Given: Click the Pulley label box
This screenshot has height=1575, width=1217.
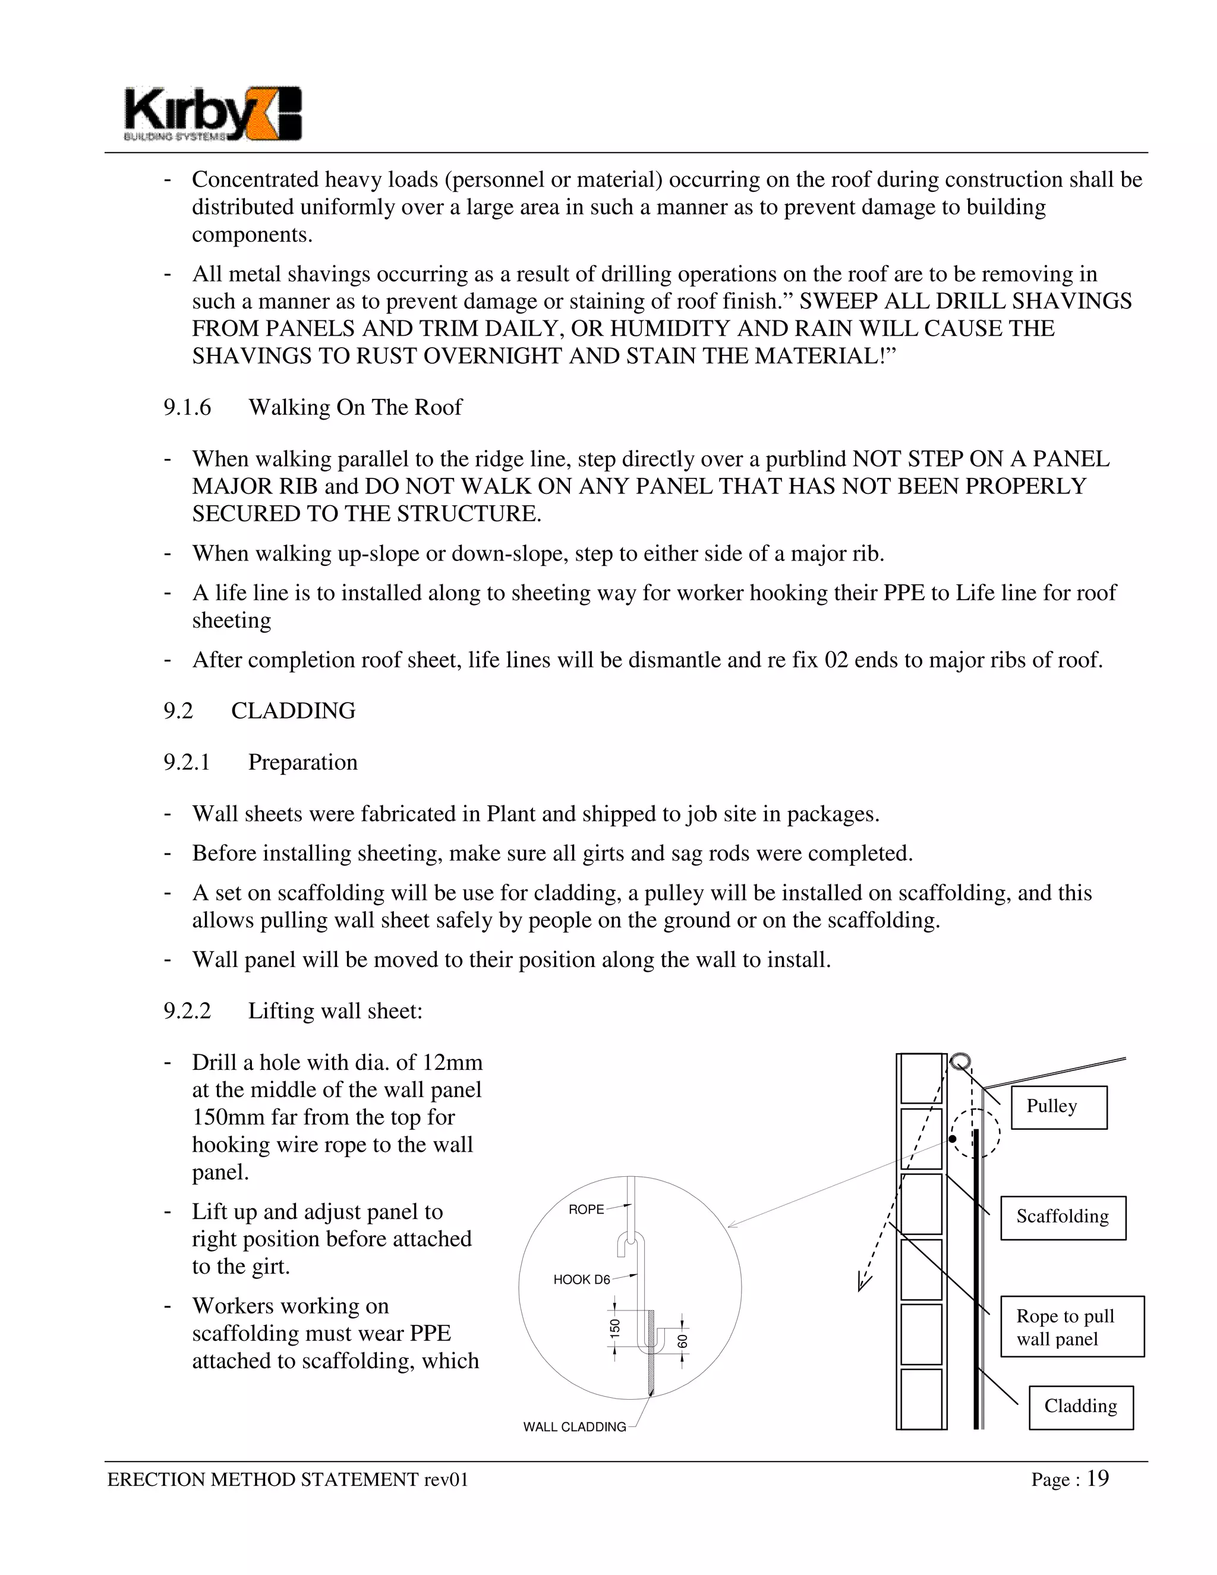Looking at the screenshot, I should click(1058, 1107).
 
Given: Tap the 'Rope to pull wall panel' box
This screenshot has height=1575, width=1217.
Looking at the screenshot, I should click(1071, 1327).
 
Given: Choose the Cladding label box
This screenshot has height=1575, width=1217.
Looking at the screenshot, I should click(1080, 1407).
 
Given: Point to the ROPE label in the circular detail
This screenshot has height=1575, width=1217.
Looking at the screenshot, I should click(585, 1209).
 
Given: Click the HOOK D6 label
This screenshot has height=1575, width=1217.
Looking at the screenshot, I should click(581, 1280).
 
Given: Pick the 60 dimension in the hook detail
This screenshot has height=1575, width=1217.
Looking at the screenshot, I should click(682, 1341).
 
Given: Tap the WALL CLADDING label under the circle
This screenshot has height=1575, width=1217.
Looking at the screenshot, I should click(574, 1426).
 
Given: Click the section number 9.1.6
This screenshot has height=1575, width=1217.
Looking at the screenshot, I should click(187, 408).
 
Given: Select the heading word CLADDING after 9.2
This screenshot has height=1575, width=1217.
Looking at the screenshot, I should click(293, 711).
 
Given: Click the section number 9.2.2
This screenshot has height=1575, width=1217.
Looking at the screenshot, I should click(187, 1011).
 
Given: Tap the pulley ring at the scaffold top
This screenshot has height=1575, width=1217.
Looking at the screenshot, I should click(960, 1061).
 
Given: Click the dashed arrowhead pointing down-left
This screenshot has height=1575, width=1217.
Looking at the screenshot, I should click(863, 1281).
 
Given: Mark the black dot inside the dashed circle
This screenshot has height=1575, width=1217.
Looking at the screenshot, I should click(953, 1139).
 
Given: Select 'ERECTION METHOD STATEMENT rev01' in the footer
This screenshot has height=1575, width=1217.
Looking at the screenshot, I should click(288, 1480).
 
